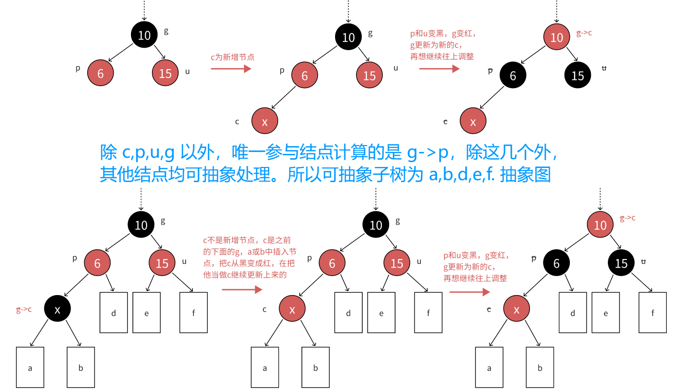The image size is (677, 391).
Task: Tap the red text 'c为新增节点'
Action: pos(232,57)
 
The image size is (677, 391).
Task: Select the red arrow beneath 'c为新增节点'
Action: pos(231,69)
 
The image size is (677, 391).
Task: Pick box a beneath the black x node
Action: pos(30,367)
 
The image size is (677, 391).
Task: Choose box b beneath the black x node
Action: pos(81,367)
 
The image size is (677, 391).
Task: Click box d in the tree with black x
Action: pos(113,313)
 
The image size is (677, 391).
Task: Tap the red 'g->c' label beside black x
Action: pos(24,309)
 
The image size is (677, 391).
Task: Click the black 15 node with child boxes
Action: pos(621,263)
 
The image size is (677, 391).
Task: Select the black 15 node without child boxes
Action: pos(578,75)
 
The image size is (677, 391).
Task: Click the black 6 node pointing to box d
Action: pos(557,263)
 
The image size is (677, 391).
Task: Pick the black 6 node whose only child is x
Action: pos(513,75)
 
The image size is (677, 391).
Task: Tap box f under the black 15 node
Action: pos(653,313)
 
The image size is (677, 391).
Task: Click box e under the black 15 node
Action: pos(606,313)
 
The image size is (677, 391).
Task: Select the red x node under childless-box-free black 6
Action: pos(473,122)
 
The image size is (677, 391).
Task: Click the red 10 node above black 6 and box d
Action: pos(601,225)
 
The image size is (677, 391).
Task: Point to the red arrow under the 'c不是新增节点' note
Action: pos(242,290)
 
